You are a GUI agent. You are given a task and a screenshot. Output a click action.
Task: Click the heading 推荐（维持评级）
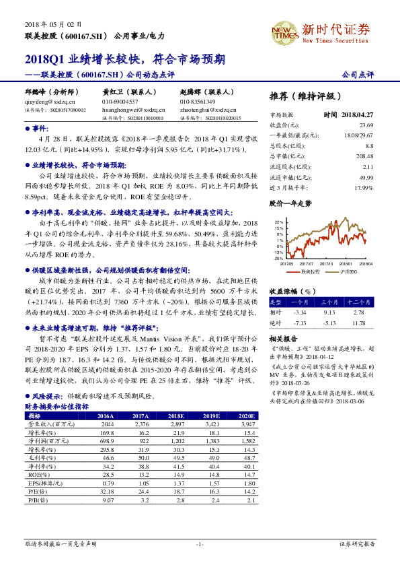click(x=305, y=96)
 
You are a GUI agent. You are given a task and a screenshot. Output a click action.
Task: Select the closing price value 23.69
click(x=366, y=125)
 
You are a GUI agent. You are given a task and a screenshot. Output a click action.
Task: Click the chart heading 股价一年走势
click(x=290, y=202)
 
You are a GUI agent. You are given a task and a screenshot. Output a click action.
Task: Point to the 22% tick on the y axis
click(x=278, y=221)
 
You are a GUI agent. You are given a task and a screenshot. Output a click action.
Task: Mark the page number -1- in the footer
click(x=200, y=543)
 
